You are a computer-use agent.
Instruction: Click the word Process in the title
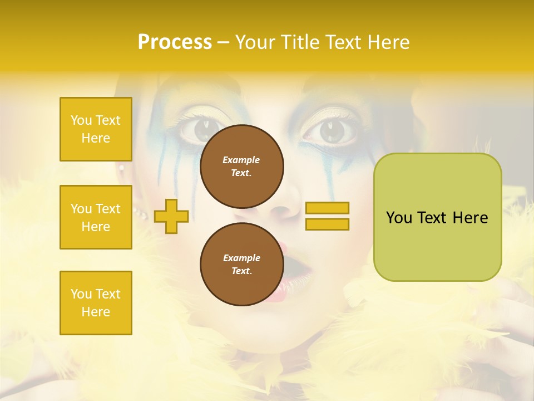point(175,42)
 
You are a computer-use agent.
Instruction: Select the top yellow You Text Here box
point(96,129)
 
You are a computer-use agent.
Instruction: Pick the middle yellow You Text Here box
point(96,217)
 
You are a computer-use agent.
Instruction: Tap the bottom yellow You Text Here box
point(96,303)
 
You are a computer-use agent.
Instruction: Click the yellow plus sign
point(171,216)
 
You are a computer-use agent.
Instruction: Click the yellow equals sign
point(327,216)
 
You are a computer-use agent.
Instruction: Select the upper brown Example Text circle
point(241,166)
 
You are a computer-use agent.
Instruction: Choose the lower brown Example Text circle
point(241,264)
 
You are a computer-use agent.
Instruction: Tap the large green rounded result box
point(437,217)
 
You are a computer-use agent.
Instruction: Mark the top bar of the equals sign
point(327,208)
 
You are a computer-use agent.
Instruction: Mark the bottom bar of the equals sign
point(327,224)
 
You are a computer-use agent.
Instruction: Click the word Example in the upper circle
point(241,160)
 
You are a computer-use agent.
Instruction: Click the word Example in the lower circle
point(241,258)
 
